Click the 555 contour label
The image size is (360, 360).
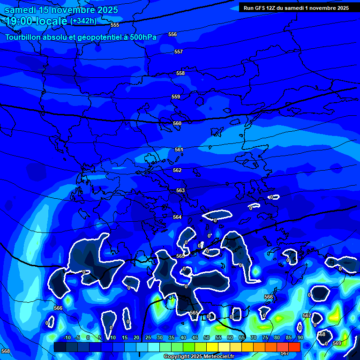point(115,25)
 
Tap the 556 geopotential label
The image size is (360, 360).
point(172,34)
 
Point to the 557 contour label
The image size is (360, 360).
point(178,52)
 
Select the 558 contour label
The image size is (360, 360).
point(180,74)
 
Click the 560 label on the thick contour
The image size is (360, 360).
point(177,123)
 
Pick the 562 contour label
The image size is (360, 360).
point(177,170)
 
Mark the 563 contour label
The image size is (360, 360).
point(180,190)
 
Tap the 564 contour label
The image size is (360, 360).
point(177,217)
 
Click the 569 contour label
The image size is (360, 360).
point(337,344)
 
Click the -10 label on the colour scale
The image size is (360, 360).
point(67,337)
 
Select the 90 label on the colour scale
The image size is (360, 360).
point(300,337)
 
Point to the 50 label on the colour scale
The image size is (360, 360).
point(206,337)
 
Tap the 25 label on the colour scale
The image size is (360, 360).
point(148,337)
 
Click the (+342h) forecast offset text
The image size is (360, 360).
point(83,21)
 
